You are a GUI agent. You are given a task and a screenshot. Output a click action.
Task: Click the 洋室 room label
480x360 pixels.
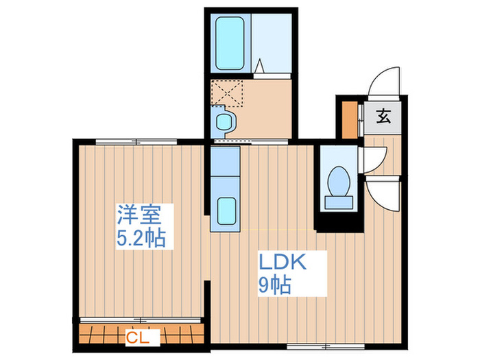coord(139,215)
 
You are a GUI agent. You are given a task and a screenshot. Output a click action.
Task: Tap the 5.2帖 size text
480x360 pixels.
coord(142,238)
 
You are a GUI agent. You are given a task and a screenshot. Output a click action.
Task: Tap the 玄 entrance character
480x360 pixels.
coord(383,117)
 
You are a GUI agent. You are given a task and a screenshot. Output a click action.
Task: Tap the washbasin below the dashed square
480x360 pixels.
coord(224,123)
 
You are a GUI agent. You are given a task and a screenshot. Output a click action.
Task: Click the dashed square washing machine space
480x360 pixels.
coord(228,93)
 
